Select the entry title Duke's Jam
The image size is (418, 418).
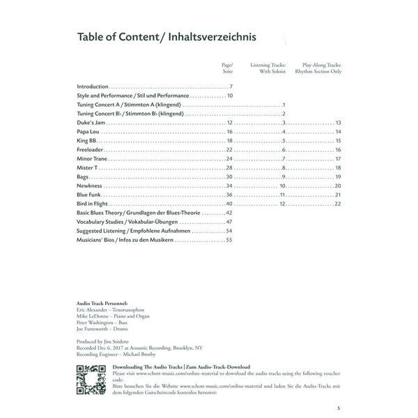(x=90, y=122)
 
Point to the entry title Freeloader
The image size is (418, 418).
(x=91, y=150)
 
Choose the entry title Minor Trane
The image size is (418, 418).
(x=92, y=159)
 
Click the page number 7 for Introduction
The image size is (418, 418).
(x=231, y=86)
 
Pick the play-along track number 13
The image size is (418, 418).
(x=337, y=122)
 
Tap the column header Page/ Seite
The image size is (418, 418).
(x=227, y=66)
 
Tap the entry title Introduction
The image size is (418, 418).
(x=93, y=86)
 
